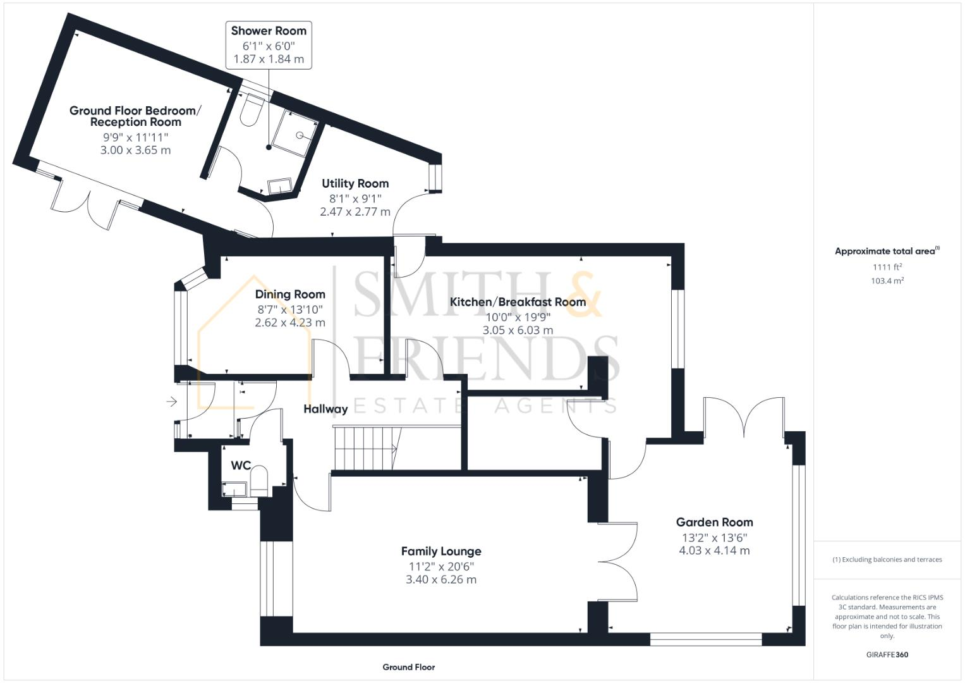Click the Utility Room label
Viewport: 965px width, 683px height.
(355, 183)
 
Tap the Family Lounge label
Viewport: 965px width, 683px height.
(441, 551)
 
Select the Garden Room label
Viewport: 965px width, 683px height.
(714, 522)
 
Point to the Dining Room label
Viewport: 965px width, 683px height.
(290, 294)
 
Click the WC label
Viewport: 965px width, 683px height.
(241, 465)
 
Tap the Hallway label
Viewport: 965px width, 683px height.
(325, 409)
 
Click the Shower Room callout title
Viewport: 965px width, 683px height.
(269, 30)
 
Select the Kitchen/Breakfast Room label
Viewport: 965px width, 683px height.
(518, 302)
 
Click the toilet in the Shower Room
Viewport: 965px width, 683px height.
(252, 109)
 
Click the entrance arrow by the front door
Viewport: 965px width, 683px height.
(171, 402)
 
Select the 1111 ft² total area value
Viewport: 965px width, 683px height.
(887, 267)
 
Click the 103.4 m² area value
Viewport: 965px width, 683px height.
(887, 281)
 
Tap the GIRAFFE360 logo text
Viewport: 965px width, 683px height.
(887, 655)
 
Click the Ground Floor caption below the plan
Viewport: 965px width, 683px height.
(408, 667)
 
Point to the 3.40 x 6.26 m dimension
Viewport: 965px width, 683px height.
(441, 580)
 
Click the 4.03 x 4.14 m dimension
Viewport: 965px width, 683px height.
(714, 551)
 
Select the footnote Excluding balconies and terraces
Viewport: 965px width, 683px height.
(887, 560)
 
